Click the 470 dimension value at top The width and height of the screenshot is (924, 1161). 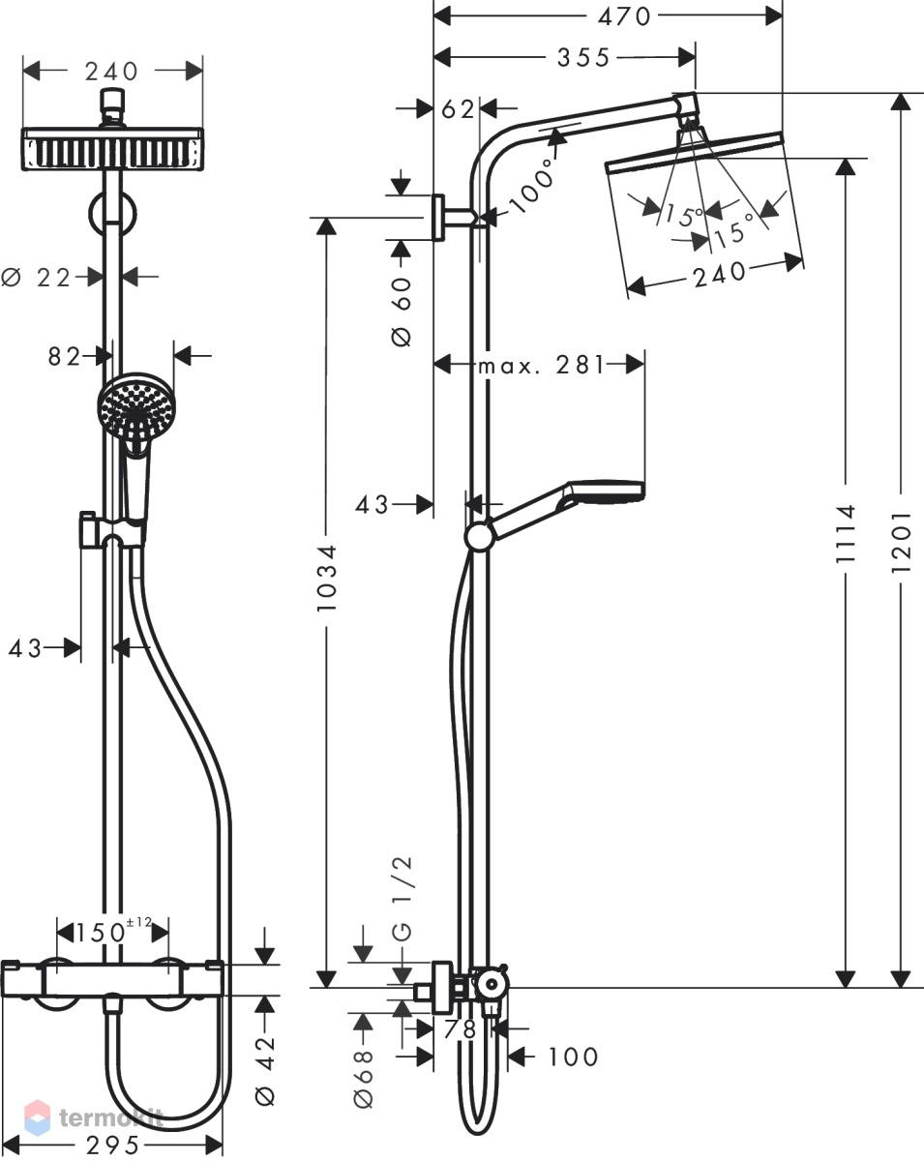click(623, 17)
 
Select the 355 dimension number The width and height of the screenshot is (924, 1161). click(583, 58)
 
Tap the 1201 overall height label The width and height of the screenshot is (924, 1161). click(901, 542)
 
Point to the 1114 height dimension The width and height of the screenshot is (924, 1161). click(846, 533)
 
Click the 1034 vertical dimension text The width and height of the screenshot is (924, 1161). click(326, 578)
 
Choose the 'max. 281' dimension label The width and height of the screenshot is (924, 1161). click(542, 366)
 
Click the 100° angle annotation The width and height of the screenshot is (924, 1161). click(532, 185)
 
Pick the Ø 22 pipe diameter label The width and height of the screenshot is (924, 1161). click(36, 278)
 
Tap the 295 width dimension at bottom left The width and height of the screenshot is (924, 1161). click(112, 1146)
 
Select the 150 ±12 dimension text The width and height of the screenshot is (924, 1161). click(112, 932)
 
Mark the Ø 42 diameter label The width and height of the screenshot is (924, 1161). click(264, 1066)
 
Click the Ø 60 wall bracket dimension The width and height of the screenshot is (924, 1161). click(402, 312)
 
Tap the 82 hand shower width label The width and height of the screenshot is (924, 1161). click(64, 357)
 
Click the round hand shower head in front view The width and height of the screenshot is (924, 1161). click(135, 406)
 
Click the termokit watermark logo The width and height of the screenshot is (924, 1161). click(94, 1117)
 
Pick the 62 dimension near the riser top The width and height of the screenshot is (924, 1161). click(458, 109)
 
